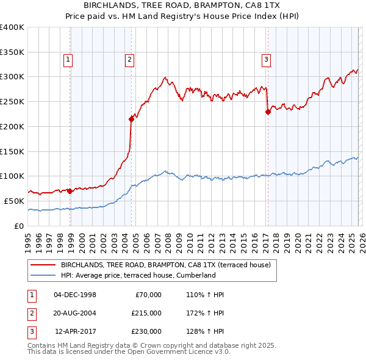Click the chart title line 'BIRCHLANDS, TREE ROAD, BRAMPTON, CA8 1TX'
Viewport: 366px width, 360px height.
click(182, 5)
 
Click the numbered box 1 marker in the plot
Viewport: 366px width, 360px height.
click(67, 60)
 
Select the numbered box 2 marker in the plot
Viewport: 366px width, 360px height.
click(130, 60)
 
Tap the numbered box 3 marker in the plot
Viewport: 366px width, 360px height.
click(267, 60)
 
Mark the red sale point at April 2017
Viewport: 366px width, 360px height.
click(268, 112)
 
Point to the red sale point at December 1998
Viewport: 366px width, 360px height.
click(70, 191)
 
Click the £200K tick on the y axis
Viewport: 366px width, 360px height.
click(12, 126)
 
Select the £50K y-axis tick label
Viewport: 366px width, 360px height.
click(15, 201)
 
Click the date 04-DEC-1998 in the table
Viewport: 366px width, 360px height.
click(75, 295)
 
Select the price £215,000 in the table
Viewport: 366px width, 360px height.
click(146, 313)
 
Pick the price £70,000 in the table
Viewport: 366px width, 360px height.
click(148, 295)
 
